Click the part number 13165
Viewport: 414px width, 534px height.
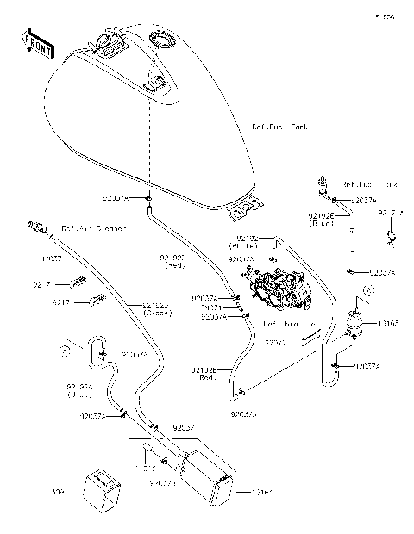coord(389,325)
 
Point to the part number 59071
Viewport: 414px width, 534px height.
coord(212,307)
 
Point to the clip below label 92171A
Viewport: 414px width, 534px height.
coord(390,235)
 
